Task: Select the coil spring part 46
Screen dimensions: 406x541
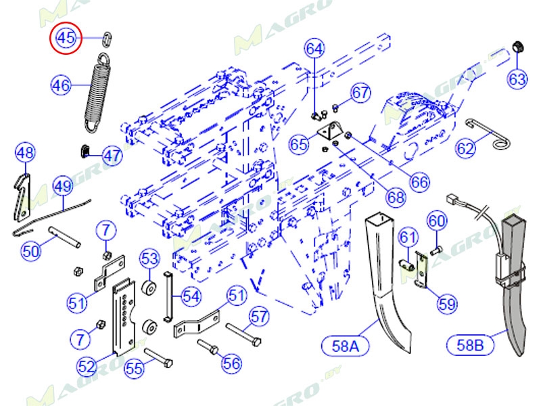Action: tap(97, 91)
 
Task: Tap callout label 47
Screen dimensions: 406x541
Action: tap(112, 155)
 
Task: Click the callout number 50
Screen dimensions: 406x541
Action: tap(30, 252)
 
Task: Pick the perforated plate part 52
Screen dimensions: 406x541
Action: tap(124, 317)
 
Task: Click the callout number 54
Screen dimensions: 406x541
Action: tap(191, 296)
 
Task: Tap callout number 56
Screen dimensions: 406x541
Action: tap(231, 363)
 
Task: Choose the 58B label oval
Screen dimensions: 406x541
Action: tap(471, 345)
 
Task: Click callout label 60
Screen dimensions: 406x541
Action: tap(437, 221)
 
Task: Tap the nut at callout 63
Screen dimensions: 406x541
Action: tap(517, 47)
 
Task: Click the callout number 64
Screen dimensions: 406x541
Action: tap(314, 49)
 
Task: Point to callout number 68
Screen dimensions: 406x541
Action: tap(396, 197)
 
